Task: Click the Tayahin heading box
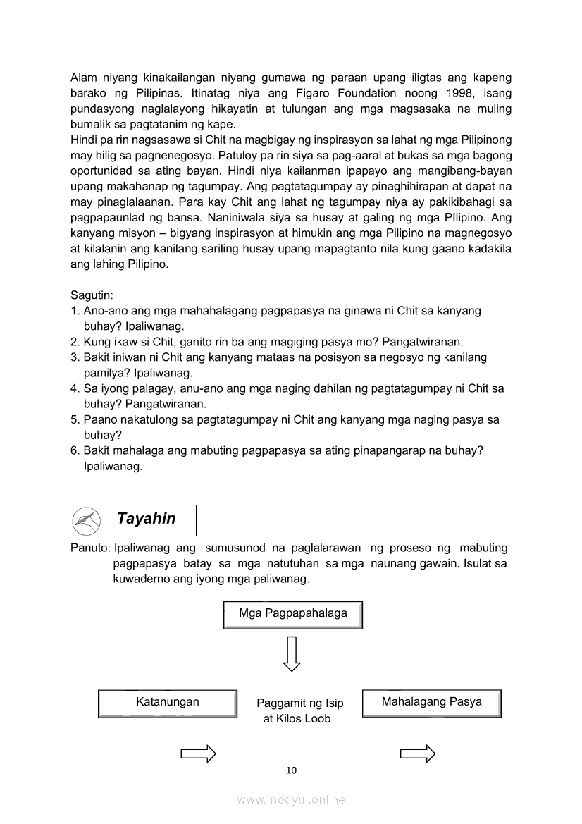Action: point(152,520)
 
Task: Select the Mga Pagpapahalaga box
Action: point(292,614)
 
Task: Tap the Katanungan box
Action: point(167,703)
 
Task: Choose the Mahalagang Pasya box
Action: point(431,703)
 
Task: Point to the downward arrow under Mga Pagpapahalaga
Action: point(292,653)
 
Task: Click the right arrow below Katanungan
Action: point(198,754)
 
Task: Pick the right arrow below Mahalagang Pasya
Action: point(418,754)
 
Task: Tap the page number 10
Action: point(291,770)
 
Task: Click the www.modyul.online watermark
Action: point(291,799)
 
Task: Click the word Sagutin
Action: point(92,295)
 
